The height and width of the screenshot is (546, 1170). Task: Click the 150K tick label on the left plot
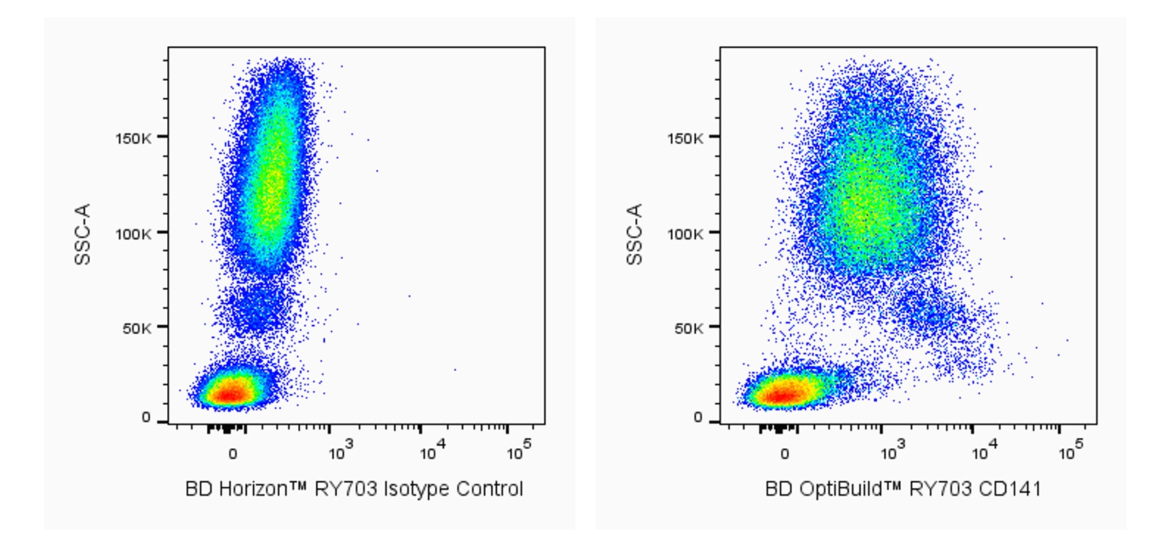pyautogui.click(x=132, y=138)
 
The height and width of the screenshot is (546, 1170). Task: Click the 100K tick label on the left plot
pyautogui.click(x=132, y=233)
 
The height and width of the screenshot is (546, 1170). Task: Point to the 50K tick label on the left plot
pyautogui.click(x=136, y=328)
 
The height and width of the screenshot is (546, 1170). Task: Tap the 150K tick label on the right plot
pyautogui.click(x=685, y=138)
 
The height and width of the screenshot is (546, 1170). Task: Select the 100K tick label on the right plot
pyautogui.click(x=685, y=233)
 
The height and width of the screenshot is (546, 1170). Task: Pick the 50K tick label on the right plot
pyautogui.click(x=688, y=328)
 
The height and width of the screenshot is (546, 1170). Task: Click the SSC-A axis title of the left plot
pyautogui.click(x=83, y=234)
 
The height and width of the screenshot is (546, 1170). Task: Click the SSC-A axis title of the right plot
pyautogui.click(x=635, y=234)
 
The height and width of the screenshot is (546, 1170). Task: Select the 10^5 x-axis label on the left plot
pyautogui.click(x=519, y=451)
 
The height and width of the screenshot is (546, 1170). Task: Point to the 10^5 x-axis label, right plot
pyautogui.click(x=1071, y=451)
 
